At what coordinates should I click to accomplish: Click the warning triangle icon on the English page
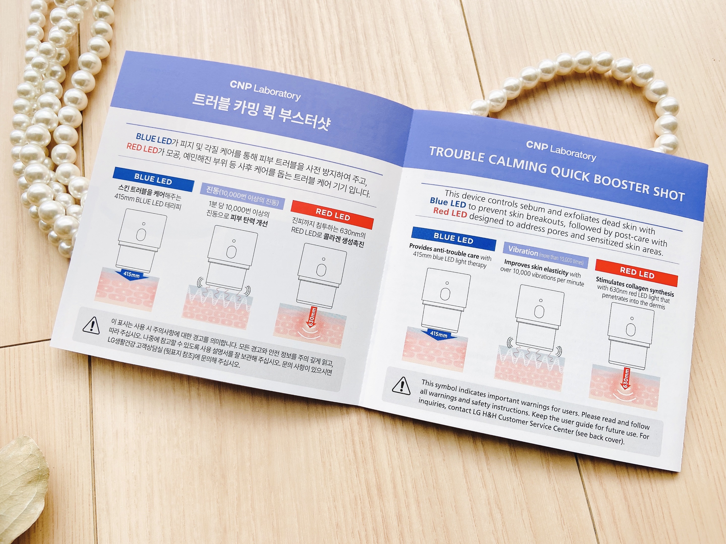tap(401, 386)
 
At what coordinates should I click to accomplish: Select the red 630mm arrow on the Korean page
tap(312, 318)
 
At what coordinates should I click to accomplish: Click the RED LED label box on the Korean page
tap(332, 215)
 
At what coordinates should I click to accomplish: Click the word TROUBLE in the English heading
tap(457, 155)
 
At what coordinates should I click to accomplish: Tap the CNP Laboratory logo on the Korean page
tap(265, 90)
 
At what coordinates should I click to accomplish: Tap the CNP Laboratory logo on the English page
tap(561, 151)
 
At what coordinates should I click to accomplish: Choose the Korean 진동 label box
tap(242, 196)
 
